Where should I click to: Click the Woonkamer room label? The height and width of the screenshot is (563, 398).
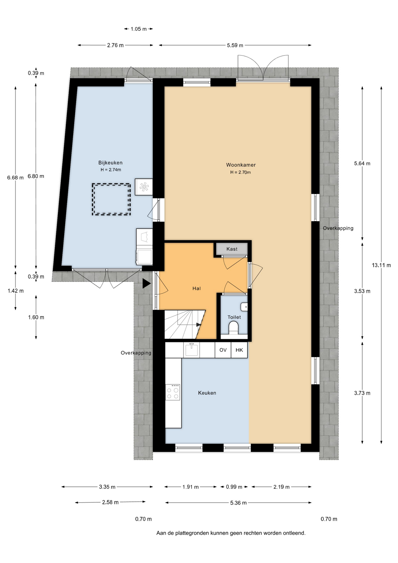tap(241, 165)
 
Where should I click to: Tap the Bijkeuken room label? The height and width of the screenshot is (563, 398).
tap(110, 163)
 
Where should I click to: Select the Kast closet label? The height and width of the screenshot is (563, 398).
tap(232, 249)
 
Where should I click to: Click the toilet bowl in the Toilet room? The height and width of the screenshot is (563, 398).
tap(234, 328)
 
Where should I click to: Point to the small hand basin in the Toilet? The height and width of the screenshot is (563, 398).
tap(244, 307)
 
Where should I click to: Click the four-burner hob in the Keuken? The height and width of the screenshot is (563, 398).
tap(173, 392)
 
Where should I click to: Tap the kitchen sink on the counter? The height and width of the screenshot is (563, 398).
tap(191, 350)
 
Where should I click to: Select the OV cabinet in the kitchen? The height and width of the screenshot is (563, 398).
tap(223, 350)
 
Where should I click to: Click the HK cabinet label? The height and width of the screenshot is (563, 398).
tap(239, 350)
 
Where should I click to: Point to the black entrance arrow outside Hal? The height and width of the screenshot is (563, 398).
tap(146, 284)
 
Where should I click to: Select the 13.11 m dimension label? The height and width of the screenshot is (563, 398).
tap(381, 265)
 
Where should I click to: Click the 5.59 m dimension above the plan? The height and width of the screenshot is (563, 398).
tap(235, 45)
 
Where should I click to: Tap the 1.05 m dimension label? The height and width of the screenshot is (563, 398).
tap(139, 29)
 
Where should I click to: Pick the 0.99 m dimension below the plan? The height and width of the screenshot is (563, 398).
tap(234, 487)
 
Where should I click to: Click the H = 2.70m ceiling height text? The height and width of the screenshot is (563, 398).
tap(240, 172)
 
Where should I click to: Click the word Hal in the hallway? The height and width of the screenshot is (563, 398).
tap(196, 289)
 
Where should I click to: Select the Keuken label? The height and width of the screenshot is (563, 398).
tap(207, 393)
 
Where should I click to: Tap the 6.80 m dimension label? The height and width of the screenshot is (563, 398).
tap(36, 176)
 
